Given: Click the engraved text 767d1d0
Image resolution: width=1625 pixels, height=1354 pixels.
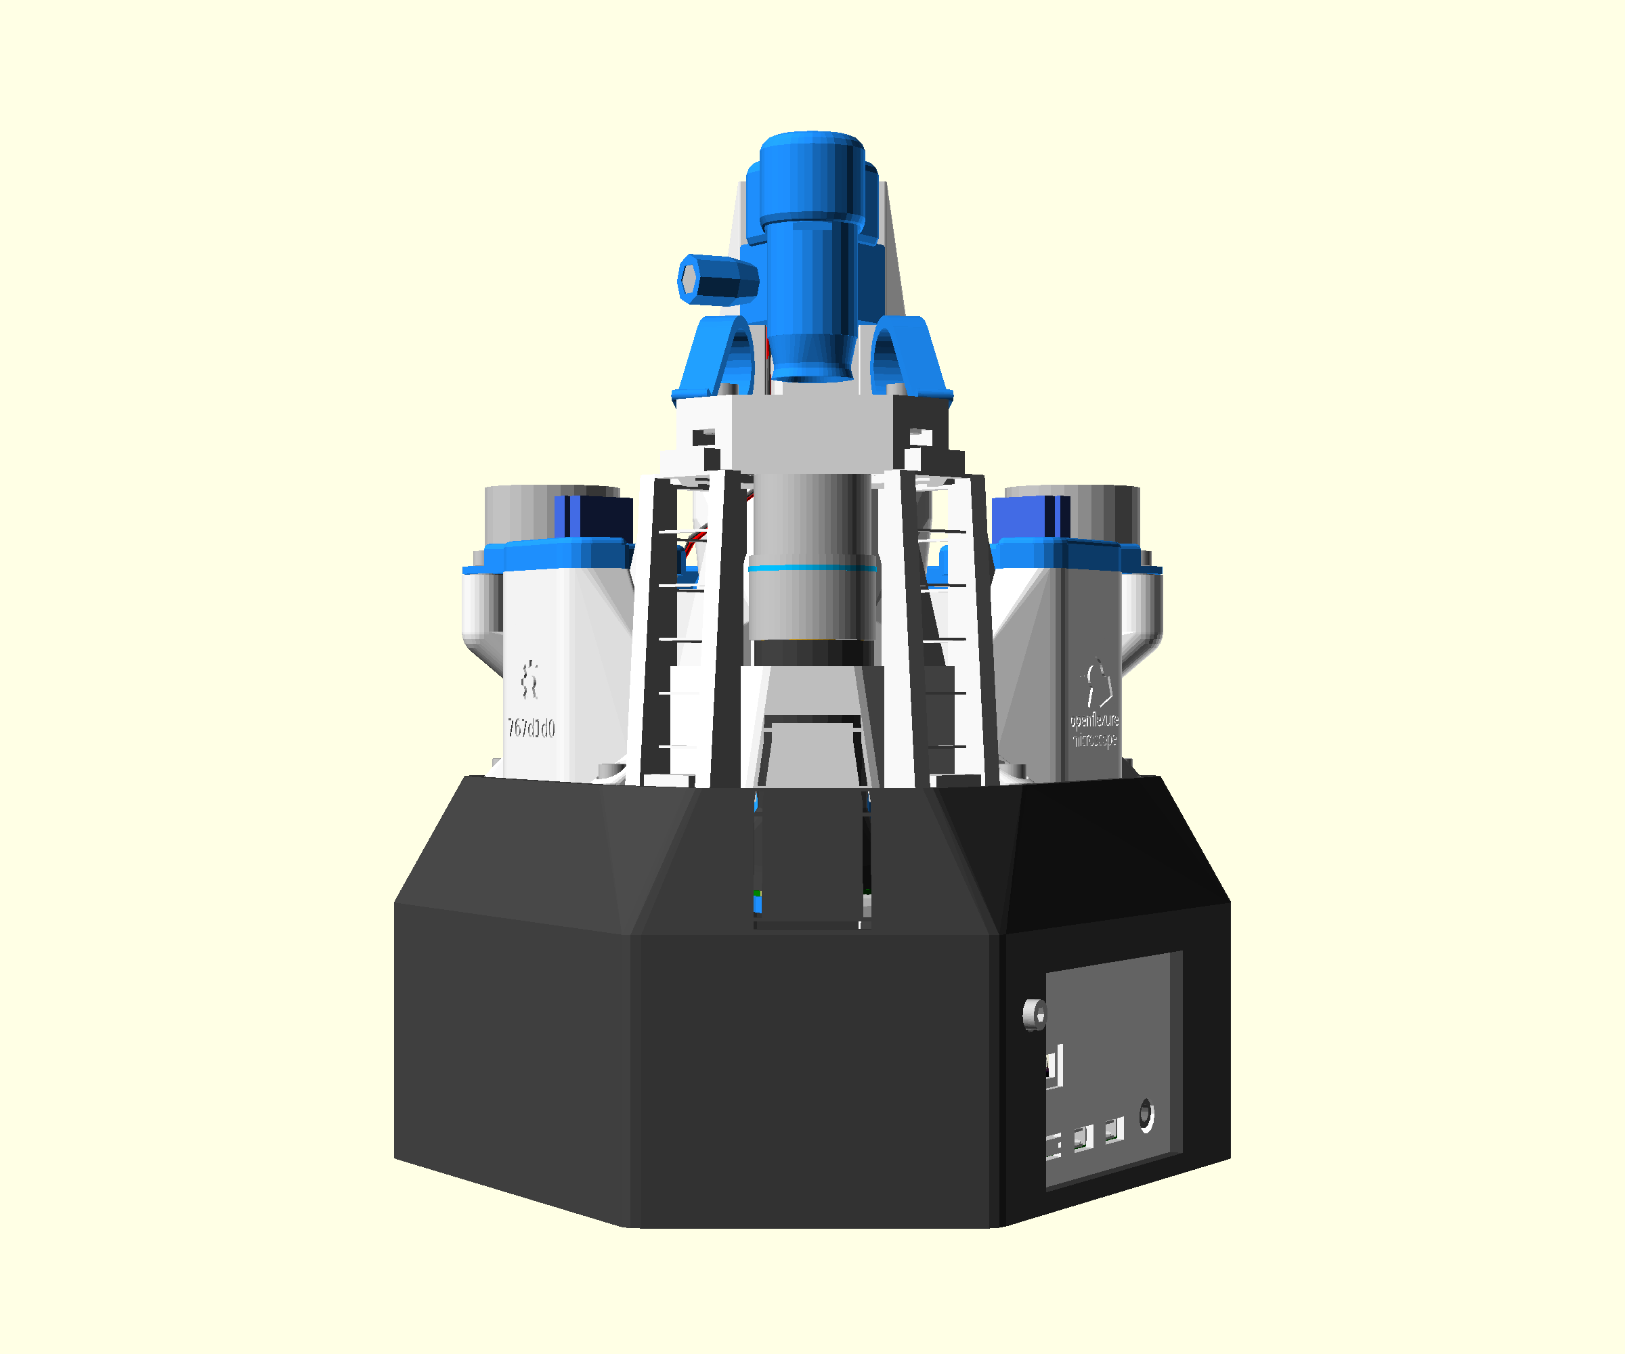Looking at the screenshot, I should pos(531,728).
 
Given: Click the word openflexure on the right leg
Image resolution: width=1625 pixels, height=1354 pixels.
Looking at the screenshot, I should pos(1094,720).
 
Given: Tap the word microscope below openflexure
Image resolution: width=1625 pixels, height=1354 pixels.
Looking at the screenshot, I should pos(1094,741).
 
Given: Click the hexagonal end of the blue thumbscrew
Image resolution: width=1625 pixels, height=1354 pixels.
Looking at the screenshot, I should pos(688,280).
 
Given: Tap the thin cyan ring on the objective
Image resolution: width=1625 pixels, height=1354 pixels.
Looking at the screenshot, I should pos(812,569).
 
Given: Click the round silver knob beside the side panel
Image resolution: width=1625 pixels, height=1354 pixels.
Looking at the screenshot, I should pos(1035,1014).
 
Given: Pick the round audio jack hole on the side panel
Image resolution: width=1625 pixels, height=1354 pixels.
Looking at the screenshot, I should pos(1146,1115).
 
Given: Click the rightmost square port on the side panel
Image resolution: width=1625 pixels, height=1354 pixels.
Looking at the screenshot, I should pos(1114,1131).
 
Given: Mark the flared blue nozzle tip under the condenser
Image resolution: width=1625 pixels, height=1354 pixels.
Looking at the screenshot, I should pos(812,359).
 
